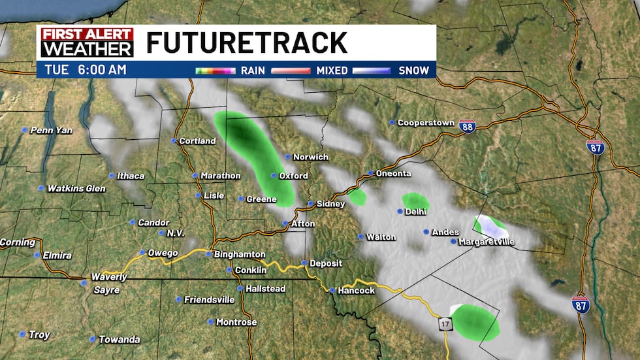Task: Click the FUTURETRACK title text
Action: (247, 43)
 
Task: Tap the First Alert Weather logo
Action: (87, 42)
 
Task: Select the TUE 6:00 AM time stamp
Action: (85, 69)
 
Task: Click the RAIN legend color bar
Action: (215, 71)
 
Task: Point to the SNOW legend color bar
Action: (371, 71)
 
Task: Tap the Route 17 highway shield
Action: (445, 324)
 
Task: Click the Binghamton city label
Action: (240, 254)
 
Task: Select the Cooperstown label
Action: (426, 122)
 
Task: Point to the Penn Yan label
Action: (52, 130)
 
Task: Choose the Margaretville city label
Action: (487, 242)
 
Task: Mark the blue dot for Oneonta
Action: (370, 173)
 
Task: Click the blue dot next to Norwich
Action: (287, 157)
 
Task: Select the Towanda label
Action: (119, 339)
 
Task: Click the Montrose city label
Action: (236, 322)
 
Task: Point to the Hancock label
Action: (356, 290)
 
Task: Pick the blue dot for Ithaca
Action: (112, 175)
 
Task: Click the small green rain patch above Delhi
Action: (415, 201)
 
